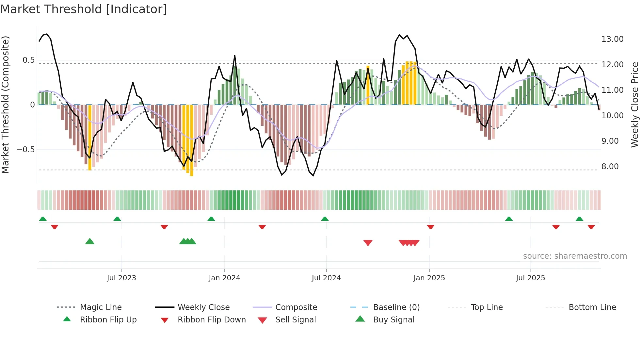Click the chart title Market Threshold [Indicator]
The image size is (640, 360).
pyautogui.click(x=84, y=9)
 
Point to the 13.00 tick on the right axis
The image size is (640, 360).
pyautogui.click(x=612, y=39)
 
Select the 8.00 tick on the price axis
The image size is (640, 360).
pyautogui.click(x=610, y=167)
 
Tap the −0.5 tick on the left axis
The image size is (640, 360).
pyautogui.click(x=25, y=150)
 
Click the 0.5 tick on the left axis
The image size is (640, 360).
pyautogui.click(x=28, y=60)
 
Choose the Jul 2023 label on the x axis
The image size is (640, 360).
pyautogui.click(x=121, y=278)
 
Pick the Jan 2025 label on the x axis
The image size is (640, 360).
pyautogui.click(x=429, y=278)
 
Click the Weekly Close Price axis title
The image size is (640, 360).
pyautogui.click(x=634, y=105)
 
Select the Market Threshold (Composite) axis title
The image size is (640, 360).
pyautogui.click(x=5, y=105)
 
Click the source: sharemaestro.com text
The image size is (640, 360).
pyautogui.click(x=575, y=256)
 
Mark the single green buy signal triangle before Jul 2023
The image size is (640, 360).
pyautogui.click(x=90, y=242)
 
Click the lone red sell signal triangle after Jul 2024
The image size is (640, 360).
pyautogui.click(x=368, y=243)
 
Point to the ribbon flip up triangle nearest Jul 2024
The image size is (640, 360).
pyautogui.click(x=325, y=219)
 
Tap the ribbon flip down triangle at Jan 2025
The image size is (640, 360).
pyautogui.click(x=430, y=227)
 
